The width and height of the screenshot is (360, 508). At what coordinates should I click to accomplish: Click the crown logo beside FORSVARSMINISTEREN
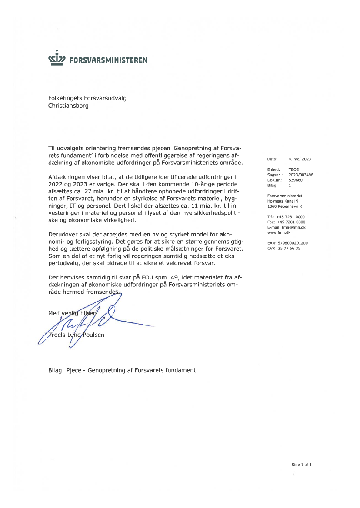[57, 59]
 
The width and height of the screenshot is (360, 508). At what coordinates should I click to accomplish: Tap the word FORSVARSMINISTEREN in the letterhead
[108, 60]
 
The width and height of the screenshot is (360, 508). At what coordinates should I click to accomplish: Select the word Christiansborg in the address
[68, 106]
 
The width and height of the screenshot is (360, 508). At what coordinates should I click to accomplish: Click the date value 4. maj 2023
[300, 159]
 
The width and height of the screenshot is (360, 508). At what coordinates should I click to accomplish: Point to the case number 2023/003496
[300, 175]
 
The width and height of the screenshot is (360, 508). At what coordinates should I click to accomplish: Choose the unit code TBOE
[293, 169]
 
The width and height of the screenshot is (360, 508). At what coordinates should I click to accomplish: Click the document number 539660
[295, 179]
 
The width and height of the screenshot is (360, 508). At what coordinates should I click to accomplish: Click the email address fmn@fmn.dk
[293, 227]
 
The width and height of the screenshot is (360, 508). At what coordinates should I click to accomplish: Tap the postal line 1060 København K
[284, 206]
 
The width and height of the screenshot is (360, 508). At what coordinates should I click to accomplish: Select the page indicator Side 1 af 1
[301, 465]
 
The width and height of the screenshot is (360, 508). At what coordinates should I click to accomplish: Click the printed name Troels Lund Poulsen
[77, 335]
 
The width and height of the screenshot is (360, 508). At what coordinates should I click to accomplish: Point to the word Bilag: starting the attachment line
[57, 370]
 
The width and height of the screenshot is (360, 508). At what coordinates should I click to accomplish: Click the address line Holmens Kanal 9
[283, 201]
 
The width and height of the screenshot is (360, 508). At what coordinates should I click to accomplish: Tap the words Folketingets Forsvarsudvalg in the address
[87, 98]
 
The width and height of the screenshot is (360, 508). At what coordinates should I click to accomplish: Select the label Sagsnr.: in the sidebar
[275, 175]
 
